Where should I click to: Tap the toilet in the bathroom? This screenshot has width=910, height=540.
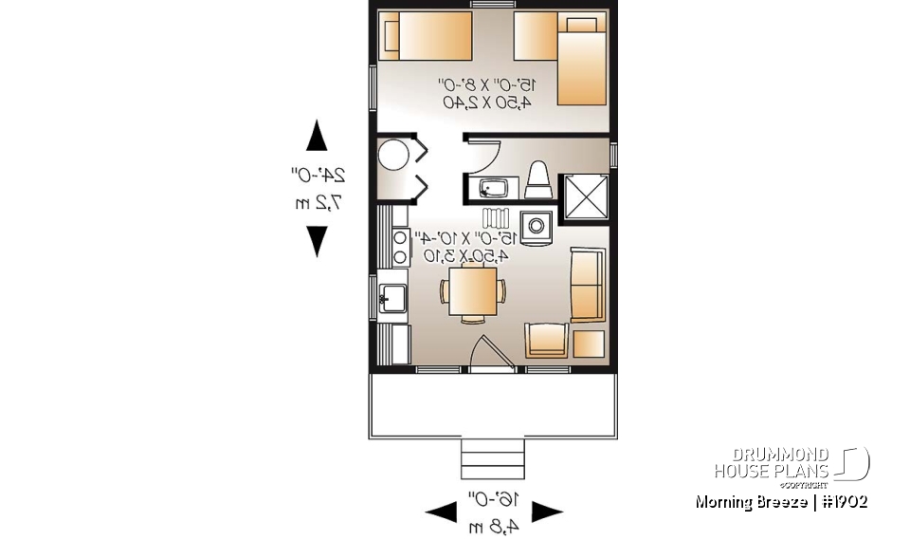tap(538, 180)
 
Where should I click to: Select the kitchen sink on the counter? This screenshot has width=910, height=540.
tap(392, 299)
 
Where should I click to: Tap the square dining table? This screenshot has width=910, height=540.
tap(472, 292)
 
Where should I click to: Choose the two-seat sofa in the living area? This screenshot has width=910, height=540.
tap(586, 284)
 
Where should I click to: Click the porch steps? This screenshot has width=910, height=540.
tap(492, 460)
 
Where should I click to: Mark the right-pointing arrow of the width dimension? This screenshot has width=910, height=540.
tap(547, 512)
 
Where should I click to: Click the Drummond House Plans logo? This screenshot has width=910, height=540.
tap(791, 464)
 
